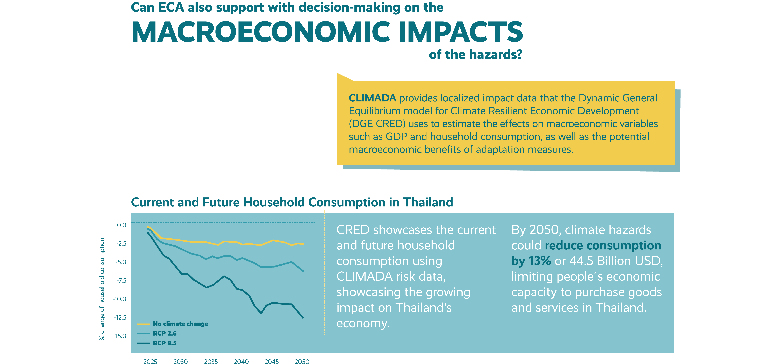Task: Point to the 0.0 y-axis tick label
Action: click(122, 225)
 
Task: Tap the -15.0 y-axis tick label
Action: click(120, 336)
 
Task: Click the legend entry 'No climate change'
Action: click(172, 324)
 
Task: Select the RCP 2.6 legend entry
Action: click(157, 333)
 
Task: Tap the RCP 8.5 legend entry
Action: click(157, 343)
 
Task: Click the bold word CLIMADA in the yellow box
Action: click(372, 98)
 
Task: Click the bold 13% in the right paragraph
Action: click(540, 261)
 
